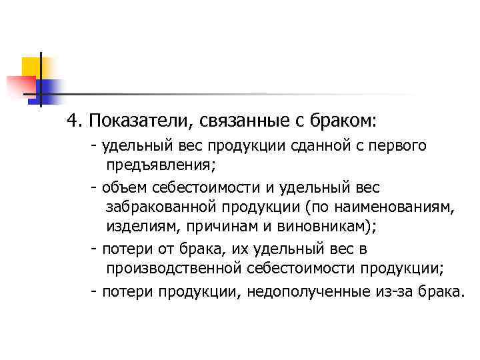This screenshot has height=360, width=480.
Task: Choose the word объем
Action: tap(125, 187)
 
